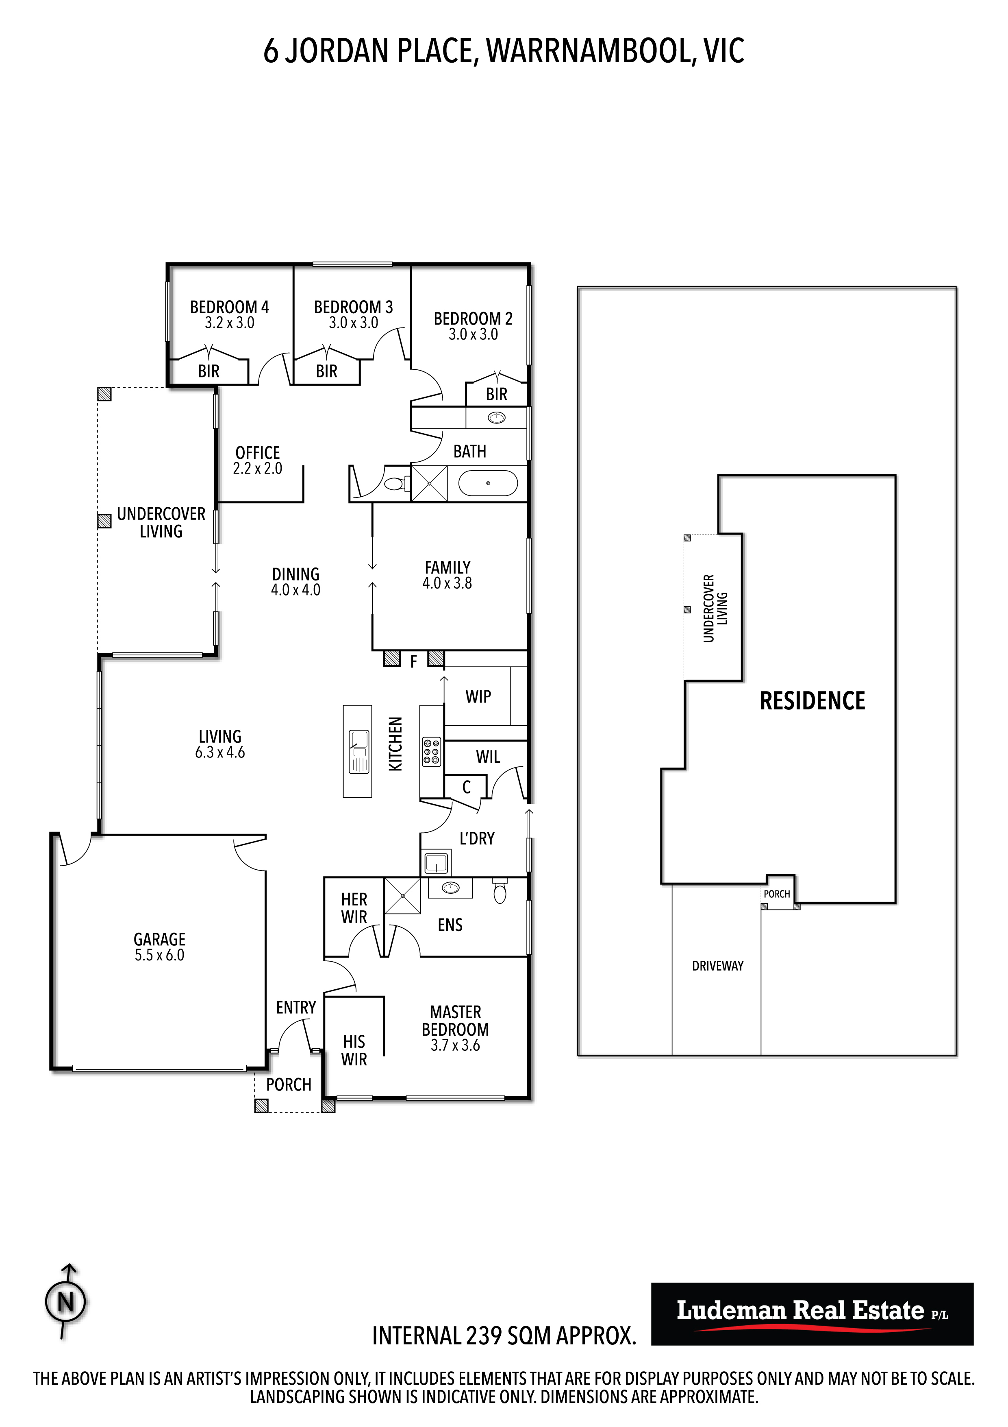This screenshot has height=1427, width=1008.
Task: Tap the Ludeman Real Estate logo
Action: (812, 1313)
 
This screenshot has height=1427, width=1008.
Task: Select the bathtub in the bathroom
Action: (488, 483)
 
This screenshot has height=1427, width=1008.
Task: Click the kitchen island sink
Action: (359, 751)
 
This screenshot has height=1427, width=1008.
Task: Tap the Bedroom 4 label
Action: (229, 307)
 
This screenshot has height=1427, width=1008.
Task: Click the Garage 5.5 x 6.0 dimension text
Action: (160, 955)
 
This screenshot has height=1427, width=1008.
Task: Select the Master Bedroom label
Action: (455, 1021)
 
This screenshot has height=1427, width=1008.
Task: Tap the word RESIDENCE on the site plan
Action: (812, 701)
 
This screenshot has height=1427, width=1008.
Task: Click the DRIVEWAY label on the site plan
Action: (717, 966)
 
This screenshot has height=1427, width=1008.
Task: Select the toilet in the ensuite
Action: (500, 890)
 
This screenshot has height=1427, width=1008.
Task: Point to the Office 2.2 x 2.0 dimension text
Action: (258, 469)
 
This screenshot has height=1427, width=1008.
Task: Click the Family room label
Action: (447, 567)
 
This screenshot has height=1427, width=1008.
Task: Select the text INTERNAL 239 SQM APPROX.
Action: (504, 1335)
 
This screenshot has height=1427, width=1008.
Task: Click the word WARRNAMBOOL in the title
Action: (588, 51)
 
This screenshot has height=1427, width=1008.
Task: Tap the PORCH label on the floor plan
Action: (289, 1084)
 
